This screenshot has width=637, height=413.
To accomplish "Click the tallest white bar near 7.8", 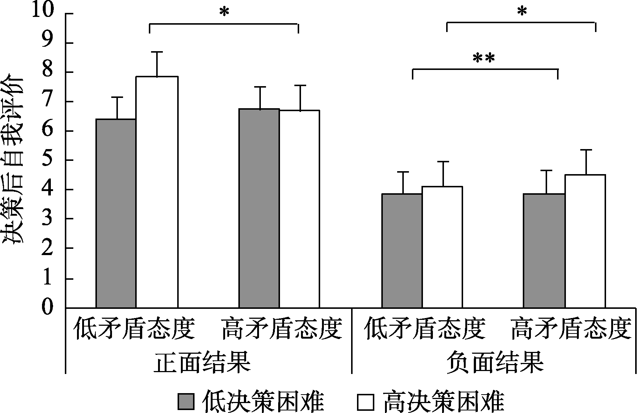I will click(157, 191).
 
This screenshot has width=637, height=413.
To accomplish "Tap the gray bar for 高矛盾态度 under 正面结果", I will click(259, 208).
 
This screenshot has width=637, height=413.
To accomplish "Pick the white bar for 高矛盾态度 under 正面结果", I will click(299, 209).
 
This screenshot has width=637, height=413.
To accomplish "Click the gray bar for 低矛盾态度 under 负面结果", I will click(402, 250).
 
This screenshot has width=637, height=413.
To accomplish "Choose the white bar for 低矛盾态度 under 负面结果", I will click(442, 247).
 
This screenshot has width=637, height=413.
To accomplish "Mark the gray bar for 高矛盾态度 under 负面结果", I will click(544, 250).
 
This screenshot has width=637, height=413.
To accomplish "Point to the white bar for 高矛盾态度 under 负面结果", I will click(585, 241).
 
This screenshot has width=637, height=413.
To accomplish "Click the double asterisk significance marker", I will click(483, 59).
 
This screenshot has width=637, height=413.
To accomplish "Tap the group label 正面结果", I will click(202, 363).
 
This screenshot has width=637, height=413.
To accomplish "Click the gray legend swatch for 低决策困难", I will click(186, 402).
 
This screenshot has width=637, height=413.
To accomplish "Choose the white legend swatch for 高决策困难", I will click(365, 402).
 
